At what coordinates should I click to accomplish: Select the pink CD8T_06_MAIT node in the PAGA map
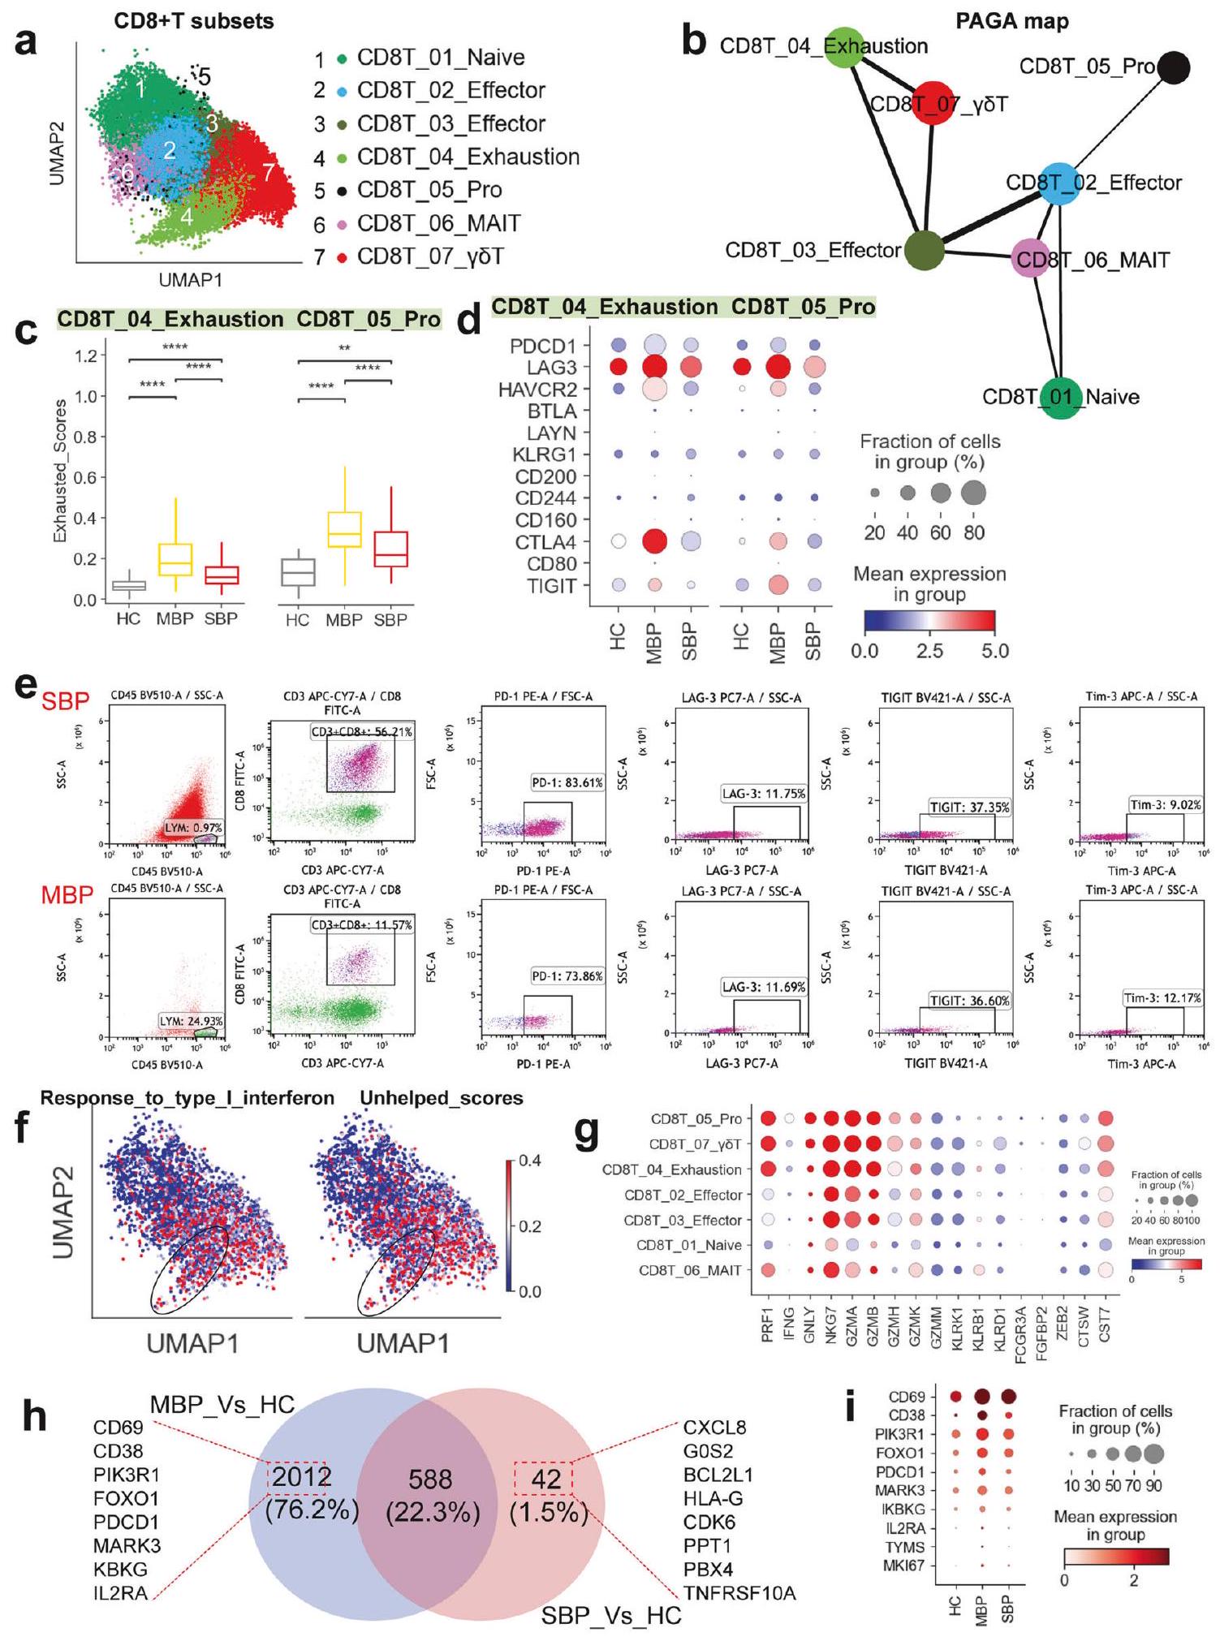[1031, 259]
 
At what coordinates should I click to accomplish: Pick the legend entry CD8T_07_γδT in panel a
[430, 256]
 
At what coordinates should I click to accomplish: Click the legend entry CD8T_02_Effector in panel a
[450, 90]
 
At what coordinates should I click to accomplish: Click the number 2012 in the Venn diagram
[301, 1478]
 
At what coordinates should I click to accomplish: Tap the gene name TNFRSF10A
[739, 1593]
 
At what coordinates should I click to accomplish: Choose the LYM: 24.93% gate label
[191, 1020]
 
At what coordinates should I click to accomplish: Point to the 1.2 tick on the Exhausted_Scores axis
[85, 355]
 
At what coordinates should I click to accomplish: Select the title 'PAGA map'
[1011, 21]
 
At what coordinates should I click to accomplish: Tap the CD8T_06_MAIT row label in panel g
[690, 1270]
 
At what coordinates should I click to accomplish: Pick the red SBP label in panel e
[65, 700]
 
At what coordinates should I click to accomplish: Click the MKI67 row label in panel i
[903, 1566]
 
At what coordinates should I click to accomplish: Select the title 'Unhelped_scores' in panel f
[442, 1098]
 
